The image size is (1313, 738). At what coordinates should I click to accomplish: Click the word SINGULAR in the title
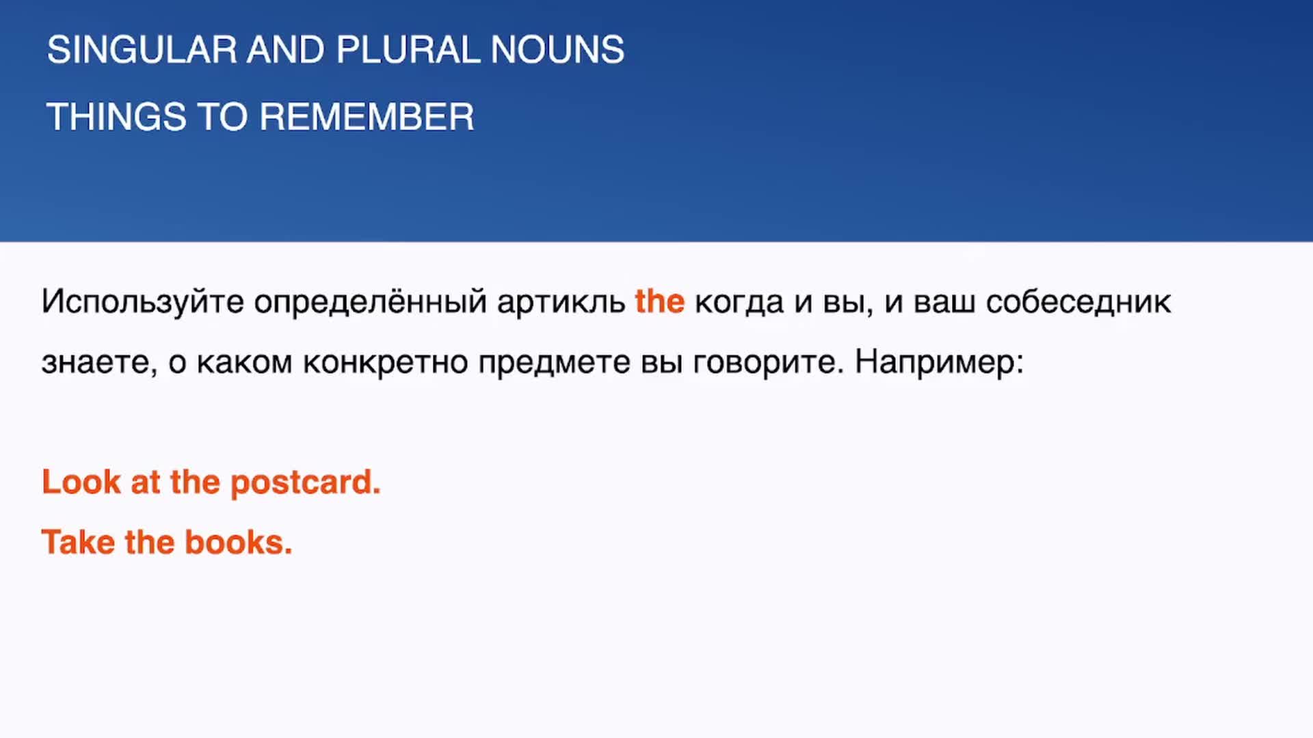point(142,50)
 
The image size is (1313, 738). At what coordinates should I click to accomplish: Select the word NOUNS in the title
point(557,50)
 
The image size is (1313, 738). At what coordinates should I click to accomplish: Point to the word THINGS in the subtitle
point(116,117)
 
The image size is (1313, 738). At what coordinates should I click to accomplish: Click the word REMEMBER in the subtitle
point(367,117)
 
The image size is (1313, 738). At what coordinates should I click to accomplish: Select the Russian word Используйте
point(143,302)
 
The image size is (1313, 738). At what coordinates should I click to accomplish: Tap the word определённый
point(370,302)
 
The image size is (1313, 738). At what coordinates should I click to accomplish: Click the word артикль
point(561,302)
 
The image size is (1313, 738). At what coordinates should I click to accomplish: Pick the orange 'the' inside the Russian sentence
point(660,301)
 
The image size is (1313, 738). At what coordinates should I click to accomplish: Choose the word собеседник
point(1078,302)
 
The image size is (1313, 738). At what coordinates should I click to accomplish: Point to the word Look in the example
point(81,482)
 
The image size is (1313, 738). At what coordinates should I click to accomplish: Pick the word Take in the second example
point(78,543)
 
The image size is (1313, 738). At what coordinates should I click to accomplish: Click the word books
point(239,543)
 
